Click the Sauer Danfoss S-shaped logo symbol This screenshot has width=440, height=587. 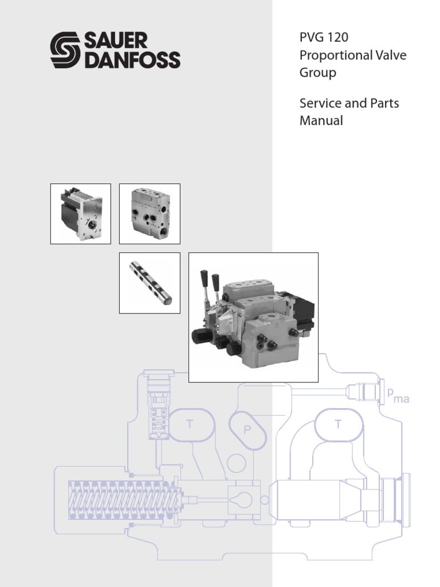pos(66,50)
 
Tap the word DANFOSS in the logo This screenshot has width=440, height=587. pos(132,60)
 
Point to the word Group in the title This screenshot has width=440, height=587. pos(317,73)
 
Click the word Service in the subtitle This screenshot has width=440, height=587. pos(320,104)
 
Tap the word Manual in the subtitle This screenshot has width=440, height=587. pos(321,121)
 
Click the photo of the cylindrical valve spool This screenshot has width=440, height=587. pos(150,283)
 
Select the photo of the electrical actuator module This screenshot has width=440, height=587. pos(81,214)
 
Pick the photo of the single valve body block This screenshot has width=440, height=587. pos(150,214)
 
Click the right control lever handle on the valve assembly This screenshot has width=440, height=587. pos(215,281)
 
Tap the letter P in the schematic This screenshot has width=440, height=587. pos(249,429)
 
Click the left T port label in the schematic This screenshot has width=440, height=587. pos(188,424)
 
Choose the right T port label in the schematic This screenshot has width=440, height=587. pos(338,424)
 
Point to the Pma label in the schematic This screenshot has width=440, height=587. pos(398,396)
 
